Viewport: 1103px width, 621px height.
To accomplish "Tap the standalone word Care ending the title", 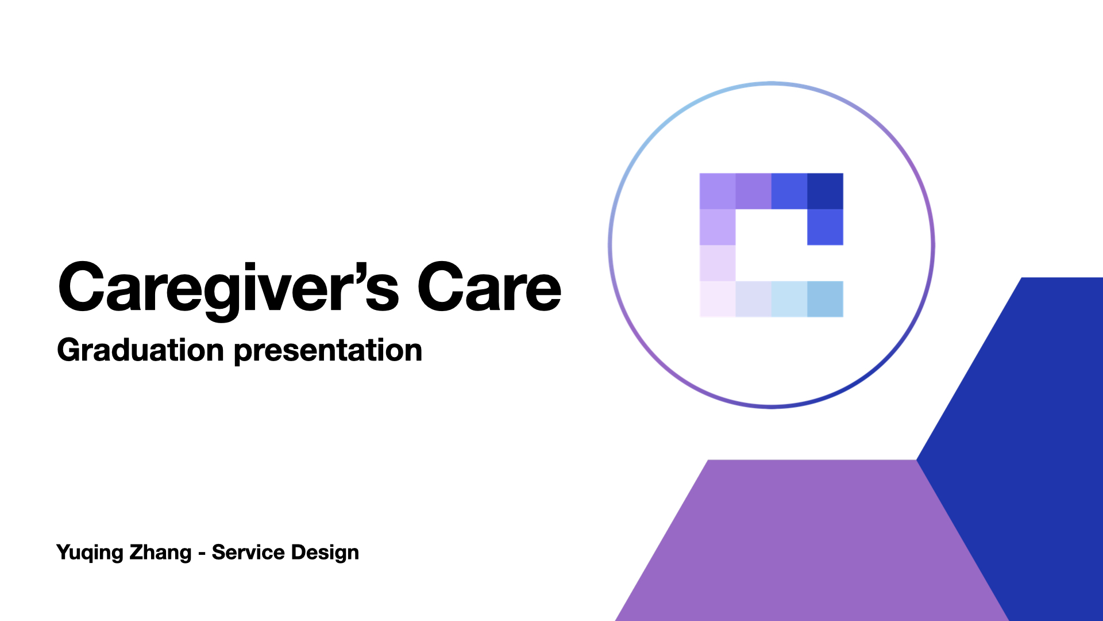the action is click(489, 287).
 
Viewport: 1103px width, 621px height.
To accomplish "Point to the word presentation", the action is click(328, 351).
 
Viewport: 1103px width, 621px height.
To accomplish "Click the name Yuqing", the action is click(90, 553).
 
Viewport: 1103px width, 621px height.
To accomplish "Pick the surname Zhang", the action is click(160, 553).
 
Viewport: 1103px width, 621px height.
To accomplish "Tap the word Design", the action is click(325, 553).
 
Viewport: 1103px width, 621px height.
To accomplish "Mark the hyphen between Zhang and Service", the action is click(202, 554).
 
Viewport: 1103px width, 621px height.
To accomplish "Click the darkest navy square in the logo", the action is click(825, 191).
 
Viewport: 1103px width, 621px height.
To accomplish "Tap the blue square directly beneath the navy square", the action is click(825, 227).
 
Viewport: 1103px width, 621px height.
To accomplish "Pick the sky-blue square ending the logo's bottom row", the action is click(825, 299).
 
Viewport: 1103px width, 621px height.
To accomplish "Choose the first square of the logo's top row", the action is click(718, 191).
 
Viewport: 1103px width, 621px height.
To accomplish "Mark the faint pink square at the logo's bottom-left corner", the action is click(718, 299).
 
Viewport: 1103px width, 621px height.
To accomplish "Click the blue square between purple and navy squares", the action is click(789, 191).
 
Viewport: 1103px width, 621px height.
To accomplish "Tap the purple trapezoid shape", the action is click(812, 540).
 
